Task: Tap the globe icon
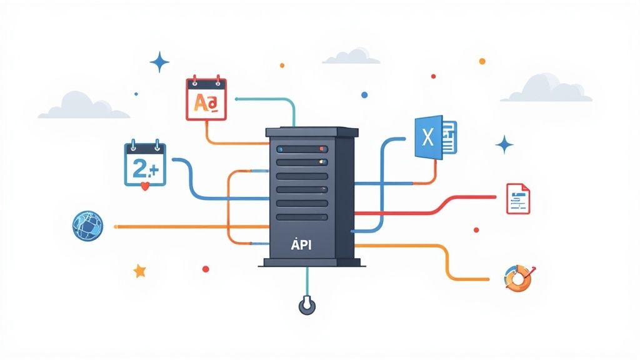pyautogui.click(x=87, y=226)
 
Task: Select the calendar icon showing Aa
pyautogui.click(x=206, y=98)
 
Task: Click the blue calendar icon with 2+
pyautogui.click(x=144, y=164)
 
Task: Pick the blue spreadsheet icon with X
pyautogui.click(x=434, y=137)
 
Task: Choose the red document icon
pyautogui.click(x=517, y=198)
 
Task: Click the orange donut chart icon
pyautogui.click(x=518, y=278)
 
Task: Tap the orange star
pyautogui.click(x=139, y=271)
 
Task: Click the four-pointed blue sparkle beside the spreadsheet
pyautogui.click(x=504, y=145)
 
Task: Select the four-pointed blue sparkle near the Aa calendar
pyautogui.click(x=160, y=62)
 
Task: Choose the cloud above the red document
pyautogui.click(x=546, y=89)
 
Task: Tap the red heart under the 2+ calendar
pyautogui.click(x=145, y=186)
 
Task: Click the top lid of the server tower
pyautogui.click(x=312, y=132)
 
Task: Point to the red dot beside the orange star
pyautogui.click(x=205, y=269)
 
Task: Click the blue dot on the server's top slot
pyautogui.click(x=280, y=149)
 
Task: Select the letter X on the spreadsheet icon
pyautogui.click(x=428, y=137)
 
